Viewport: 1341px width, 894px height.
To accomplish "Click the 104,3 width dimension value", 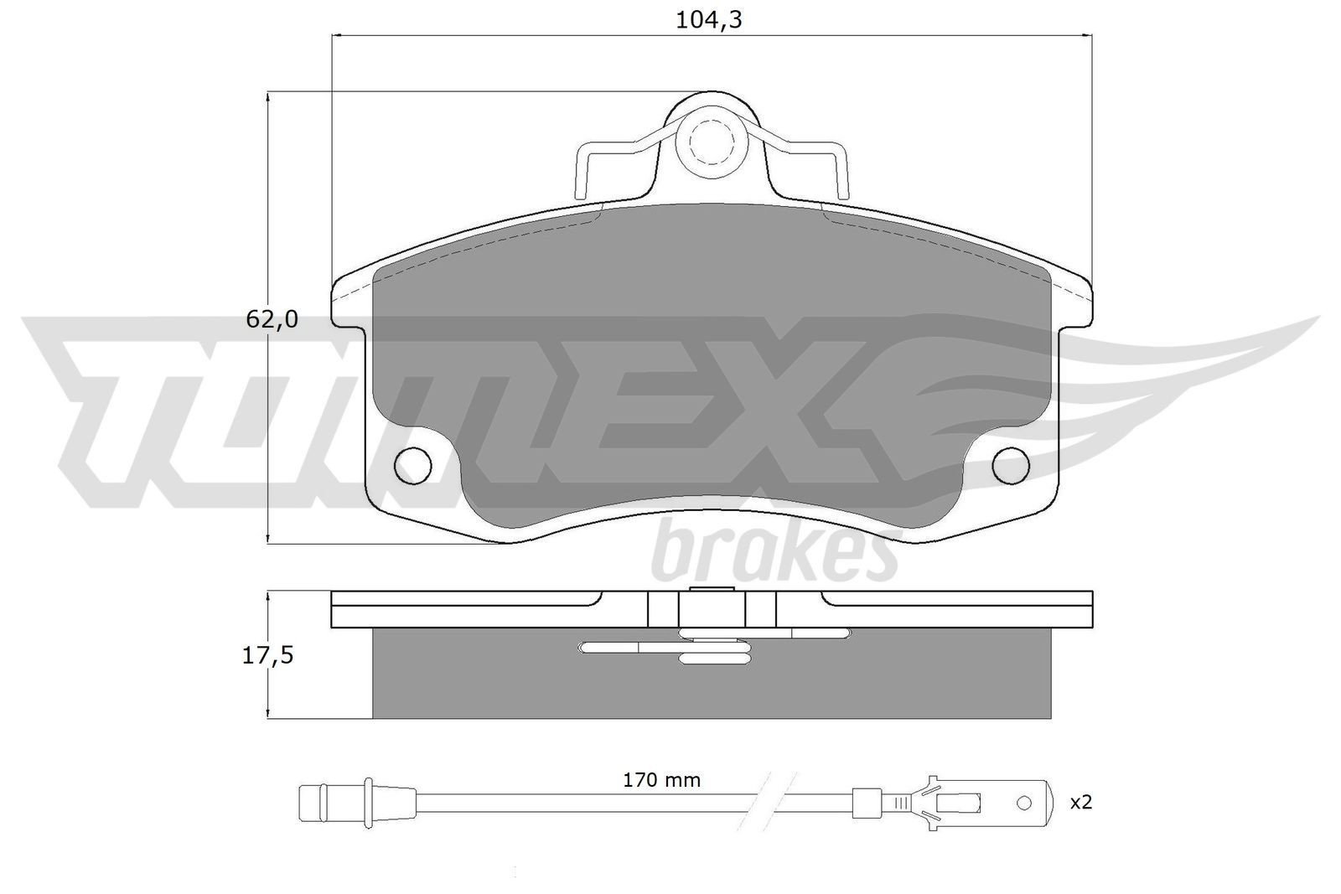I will [709, 20].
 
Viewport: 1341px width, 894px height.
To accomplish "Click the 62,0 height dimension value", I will [272, 318].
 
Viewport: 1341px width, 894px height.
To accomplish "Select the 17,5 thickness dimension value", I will [268, 655].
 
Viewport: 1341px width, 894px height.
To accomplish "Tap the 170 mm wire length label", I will [661, 780].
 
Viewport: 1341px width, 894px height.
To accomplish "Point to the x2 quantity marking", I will [1081, 802].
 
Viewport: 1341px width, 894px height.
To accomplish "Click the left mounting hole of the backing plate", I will [412, 465].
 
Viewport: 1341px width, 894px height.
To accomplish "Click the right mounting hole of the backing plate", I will [1010, 466].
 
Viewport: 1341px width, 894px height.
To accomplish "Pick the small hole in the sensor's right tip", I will [1023, 803].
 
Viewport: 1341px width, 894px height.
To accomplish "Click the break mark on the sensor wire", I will [771, 802].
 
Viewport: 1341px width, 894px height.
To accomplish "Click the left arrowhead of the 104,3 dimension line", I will [339, 35].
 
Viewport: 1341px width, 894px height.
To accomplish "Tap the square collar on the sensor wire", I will [865, 802].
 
